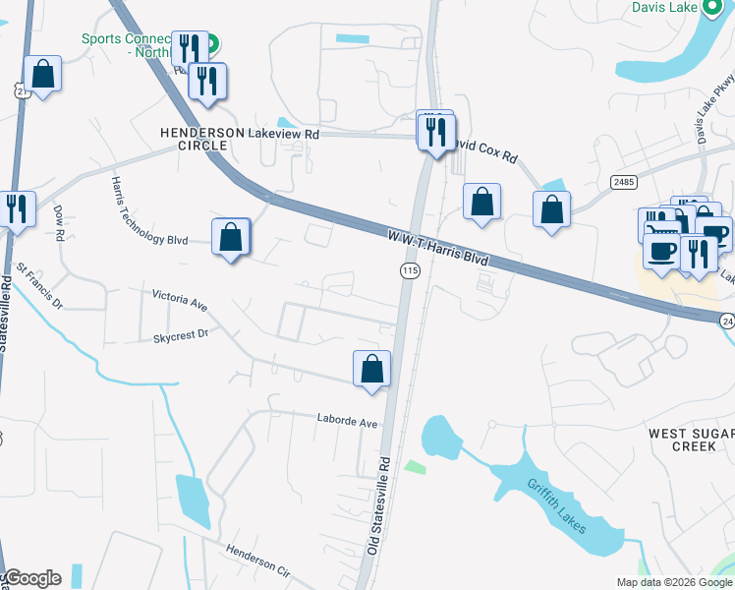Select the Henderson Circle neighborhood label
click(195, 139)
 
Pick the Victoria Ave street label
click(180, 299)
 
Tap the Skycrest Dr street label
click(181, 335)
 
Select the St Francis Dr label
click(39, 284)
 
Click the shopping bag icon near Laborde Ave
click(372, 370)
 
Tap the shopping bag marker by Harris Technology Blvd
click(231, 238)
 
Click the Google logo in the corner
click(32, 578)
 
